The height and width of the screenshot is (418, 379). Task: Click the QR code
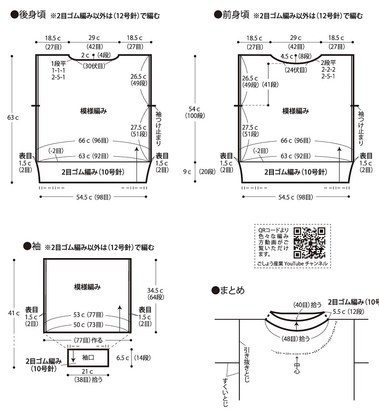(309, 243)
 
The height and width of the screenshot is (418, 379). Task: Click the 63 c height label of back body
(13, 118)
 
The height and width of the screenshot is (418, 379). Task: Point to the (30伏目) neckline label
(94, 66)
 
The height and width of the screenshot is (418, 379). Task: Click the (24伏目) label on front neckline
(296, 70)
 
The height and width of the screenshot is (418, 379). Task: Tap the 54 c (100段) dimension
(195, 112)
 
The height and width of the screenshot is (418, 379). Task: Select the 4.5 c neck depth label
(287, 56)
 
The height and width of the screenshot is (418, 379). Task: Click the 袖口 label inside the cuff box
(88, 357)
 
